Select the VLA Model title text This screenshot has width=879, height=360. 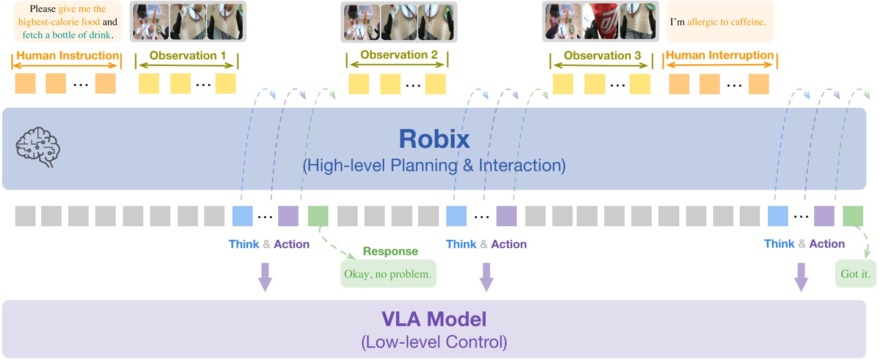click(434, 319)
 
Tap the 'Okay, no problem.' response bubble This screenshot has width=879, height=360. click(388, 274)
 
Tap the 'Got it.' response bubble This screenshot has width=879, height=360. click(855, 275)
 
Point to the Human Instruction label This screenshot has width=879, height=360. click(67, 55)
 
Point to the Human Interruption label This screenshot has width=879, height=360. click(720, 55)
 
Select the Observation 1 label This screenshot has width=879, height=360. click(187, 56)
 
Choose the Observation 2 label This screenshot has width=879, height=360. click(398, 55)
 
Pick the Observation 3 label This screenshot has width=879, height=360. click(602, 56)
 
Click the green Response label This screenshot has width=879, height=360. click(390, 252)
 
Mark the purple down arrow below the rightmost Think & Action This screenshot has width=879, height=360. click(801, 277)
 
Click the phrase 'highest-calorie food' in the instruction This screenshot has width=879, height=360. click(59, 22)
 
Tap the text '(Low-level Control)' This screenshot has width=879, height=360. click(434, 342)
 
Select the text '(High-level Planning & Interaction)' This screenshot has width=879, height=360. click(434, 166)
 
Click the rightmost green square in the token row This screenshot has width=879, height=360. click(852, 216)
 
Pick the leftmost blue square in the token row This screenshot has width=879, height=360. click(243, 216)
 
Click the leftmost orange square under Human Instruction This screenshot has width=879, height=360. click(25, 84)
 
